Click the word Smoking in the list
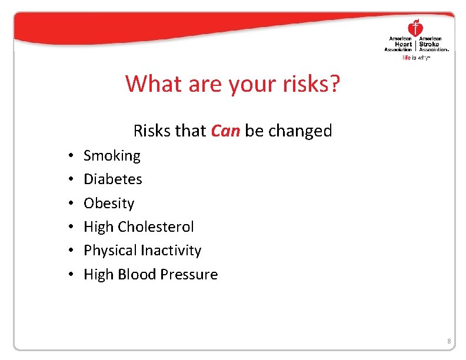coord(112,156)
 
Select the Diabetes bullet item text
coord(112,179)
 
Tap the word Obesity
coord(109,203)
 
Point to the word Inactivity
coord(167,251)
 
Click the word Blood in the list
coord(137,274)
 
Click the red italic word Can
coord(225,131)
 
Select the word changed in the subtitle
coord(300,131)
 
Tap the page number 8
coord(448,342)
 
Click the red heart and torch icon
coord(416,27)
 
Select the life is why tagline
coord(417,58)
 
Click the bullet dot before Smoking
coord(69,156)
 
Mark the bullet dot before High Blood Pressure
coord(69,275)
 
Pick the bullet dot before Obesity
coord(69,204)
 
